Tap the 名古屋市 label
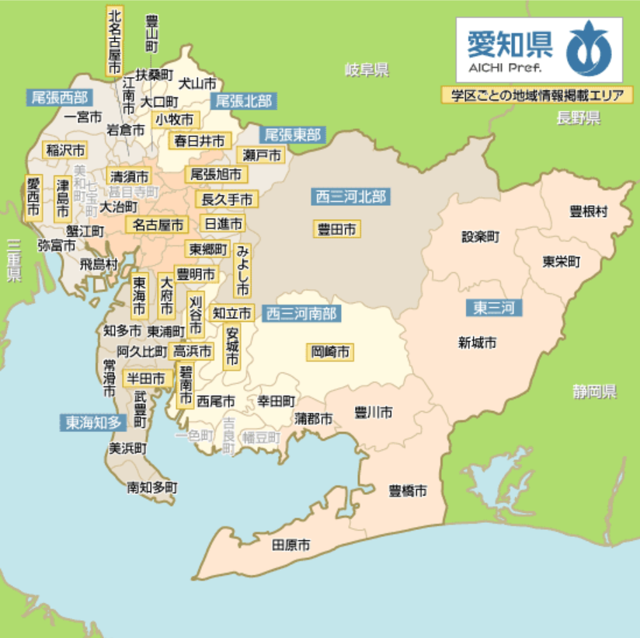point(156,225)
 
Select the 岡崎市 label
point(330,352)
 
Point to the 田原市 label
point(290,546)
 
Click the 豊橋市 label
point(408,491)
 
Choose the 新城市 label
point(477,343)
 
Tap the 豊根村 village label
point(588,211)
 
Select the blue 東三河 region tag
point(493,308)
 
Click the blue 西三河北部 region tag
point(350,197)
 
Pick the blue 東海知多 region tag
point(93,423)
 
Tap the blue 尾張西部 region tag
point(59,98)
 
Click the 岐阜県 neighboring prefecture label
point(367,71)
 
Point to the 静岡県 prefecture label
point(594,392)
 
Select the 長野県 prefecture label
point(578,118)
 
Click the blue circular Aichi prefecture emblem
point(588,50)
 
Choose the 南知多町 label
point(152,488)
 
